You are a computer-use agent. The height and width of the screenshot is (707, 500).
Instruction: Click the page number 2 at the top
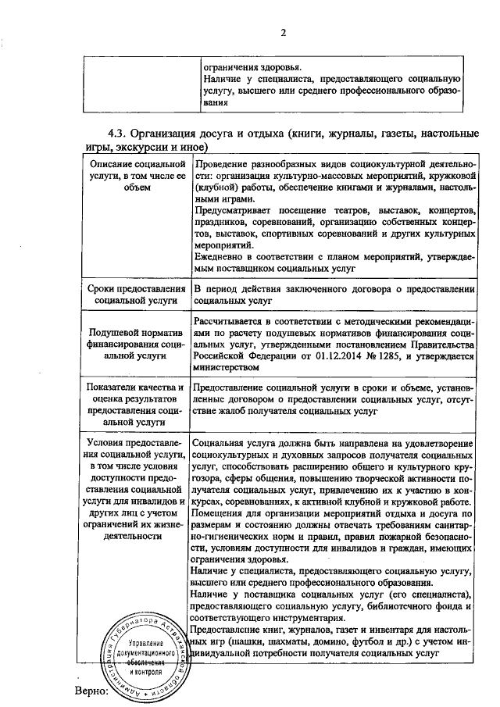284,33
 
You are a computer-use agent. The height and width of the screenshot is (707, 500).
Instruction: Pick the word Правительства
441,345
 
